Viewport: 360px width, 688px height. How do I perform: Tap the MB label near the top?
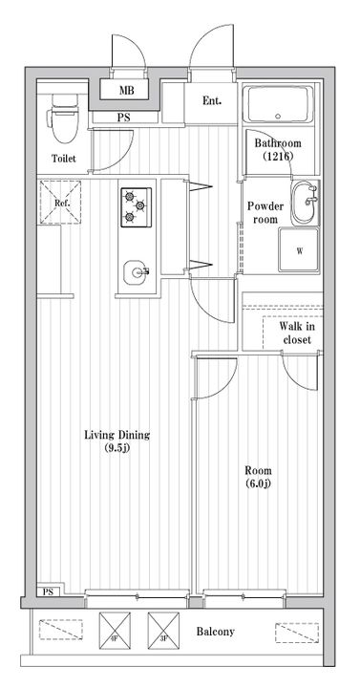pos(127,91)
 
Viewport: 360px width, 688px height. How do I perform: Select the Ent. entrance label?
pos(212,100)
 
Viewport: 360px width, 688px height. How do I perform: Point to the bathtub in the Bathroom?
pos(278,104)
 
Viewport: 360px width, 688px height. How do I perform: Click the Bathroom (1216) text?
pos(278,149)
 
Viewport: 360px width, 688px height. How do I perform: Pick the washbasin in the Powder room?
pos(306,203)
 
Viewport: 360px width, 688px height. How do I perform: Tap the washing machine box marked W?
pos(299,250)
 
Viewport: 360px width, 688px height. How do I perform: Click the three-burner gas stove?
pos(136,207)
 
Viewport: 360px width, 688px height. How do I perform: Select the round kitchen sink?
pos(135,272)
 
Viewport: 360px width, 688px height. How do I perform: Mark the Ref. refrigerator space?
pos(60,203)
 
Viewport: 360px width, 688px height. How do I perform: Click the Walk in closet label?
pos(297,333)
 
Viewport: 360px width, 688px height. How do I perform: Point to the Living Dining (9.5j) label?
pos(117,441)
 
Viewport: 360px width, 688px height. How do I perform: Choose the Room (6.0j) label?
pos(258,477)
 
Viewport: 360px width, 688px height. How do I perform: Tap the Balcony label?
pos(215,632)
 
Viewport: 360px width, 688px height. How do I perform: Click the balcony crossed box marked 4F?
pos(115,631)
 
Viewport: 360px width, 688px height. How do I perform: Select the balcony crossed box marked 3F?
pos(163,631)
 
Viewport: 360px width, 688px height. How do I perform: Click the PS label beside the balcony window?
pos(48,591)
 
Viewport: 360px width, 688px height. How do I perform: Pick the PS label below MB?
pos(123,118)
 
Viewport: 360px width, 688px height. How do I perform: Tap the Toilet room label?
pos(64,159)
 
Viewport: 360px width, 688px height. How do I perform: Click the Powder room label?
pos(265,212)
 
